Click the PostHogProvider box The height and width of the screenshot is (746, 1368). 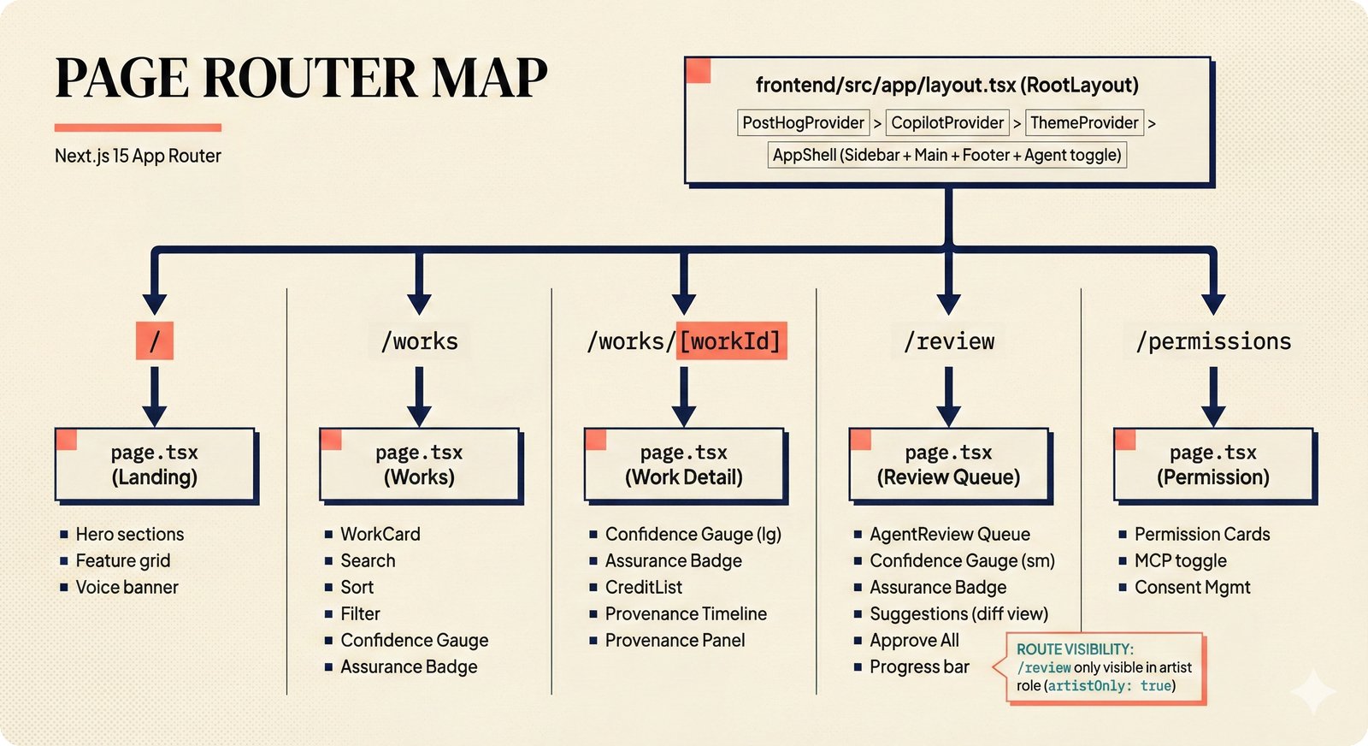(803, 122)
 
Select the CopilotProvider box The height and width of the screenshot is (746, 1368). (947, 122)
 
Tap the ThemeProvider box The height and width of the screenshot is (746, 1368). (1084, 122)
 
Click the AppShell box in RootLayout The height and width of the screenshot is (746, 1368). (946, 155)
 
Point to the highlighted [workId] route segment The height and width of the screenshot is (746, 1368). (731, 341)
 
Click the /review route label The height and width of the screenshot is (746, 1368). (949, 341)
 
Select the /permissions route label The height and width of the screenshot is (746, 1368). (1213, 341)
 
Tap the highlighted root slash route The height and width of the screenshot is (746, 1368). (155, 340)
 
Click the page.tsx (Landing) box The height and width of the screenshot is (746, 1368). (155, 465)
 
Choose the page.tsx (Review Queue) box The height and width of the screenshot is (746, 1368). (948, 465)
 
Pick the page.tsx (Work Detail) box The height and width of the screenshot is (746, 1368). (684, 465)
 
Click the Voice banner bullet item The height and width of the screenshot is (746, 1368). (127, 587)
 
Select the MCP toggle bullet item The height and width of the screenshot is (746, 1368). (1180, 560)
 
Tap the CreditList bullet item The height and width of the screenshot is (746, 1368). (643, 587)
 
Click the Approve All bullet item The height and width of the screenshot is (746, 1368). (914, 640)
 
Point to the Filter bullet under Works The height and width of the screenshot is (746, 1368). (360, 613)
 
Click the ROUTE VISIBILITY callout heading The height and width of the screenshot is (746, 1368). (1075, 649)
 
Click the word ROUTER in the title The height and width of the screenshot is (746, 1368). (310, 78)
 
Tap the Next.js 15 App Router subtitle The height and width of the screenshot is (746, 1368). (138, 156)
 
